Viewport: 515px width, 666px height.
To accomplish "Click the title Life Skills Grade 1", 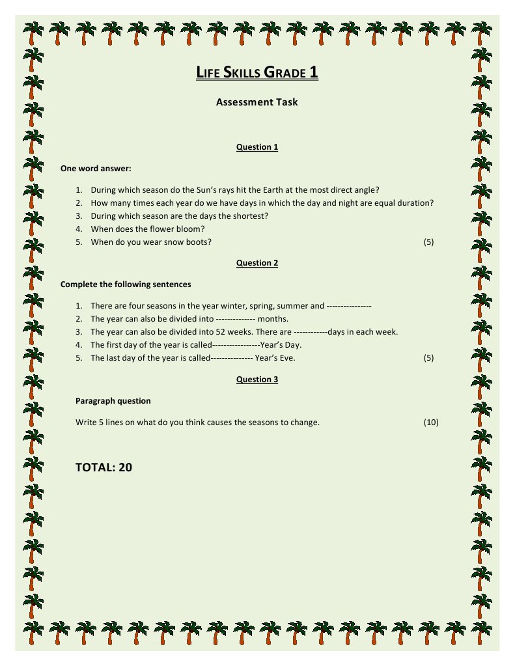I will coord(257,72).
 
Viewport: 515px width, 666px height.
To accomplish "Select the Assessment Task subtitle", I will coord(257,102).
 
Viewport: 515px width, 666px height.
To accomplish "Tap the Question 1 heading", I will coord(257,147).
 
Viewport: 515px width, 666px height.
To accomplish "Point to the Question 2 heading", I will coord(257,263).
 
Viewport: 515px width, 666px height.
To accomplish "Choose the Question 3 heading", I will coord(257,380).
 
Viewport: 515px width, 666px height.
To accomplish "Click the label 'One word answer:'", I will coord(96,169).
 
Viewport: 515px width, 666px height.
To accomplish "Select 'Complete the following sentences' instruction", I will coord(126,284).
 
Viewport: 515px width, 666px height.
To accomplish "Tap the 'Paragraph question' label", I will coord(113,401).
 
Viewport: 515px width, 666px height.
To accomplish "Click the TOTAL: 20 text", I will coord(104,467).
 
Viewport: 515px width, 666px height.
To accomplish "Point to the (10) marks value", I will coord(431,423).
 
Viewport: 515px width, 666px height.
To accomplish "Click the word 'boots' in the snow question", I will coord(197,242).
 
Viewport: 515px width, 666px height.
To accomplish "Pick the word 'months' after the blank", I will coord(273,319).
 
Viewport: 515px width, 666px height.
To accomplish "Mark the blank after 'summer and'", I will coord(348,306).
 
